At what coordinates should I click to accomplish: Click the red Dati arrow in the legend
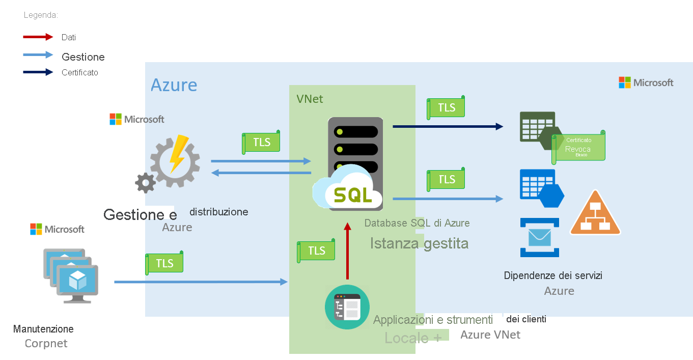coord(38,37)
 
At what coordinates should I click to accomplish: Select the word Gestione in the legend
coord(83,57)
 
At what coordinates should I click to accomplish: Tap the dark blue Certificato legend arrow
coord(38,72)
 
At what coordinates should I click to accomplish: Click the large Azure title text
coord(174,85)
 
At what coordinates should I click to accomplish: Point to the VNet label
coord(310,99)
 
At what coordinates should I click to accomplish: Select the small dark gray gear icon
coord(145,183)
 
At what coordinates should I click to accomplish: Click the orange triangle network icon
coord(595,214)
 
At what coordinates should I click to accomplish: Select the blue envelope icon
coord(539,237)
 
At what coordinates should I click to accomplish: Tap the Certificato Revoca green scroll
coord(578,147)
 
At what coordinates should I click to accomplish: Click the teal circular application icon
coord(347,307)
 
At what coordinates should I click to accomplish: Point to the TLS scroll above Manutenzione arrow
coord(164,263)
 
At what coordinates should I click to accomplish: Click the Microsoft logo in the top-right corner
coord(646,82)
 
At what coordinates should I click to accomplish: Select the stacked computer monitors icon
coord(71,275)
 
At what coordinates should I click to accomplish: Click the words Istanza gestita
coord(419,243)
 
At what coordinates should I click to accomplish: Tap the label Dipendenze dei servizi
coord(553,275)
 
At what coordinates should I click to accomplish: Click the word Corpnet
coord(46,344)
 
